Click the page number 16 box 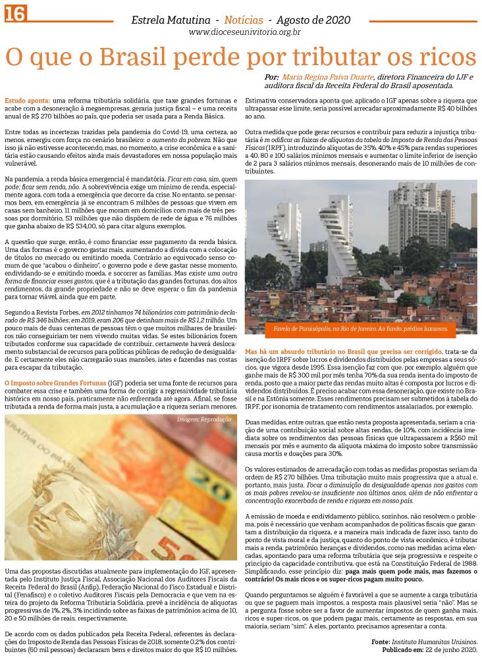pos(14,13)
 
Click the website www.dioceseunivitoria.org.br pos(244,32)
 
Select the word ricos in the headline pos(443,58)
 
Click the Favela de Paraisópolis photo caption pos(361,328)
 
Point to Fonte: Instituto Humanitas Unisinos pos(424,641)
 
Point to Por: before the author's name pos(271,77)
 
